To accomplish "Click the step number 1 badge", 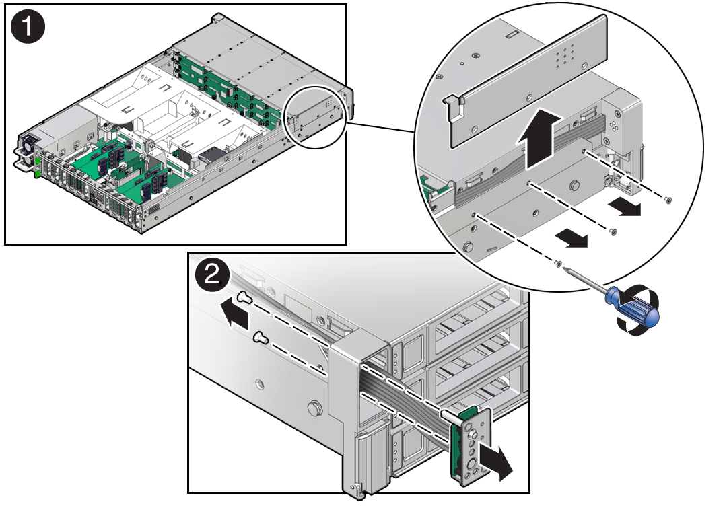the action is (28, 27).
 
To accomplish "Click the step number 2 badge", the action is (212, 276).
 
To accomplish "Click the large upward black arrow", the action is (540, 137).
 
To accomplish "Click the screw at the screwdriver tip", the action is (558, 264).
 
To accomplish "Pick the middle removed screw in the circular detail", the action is (613, 231).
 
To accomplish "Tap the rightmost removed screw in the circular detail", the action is (668, 200).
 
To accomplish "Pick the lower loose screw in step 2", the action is (261, 338).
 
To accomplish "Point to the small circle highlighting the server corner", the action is (316, 117).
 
